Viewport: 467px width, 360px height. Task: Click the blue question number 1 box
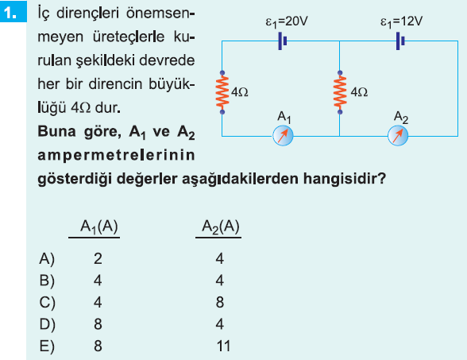pyautogui.click(x=13, y=11)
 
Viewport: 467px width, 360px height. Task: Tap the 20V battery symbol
pyautogui.click(x=282, y=41)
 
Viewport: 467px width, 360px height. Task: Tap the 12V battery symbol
pyautogui.click(x=400, y=41)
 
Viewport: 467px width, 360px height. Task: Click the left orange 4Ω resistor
pyautogui.click(x=222, y=92)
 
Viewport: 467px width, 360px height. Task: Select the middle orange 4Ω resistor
pyautogui.click(x=340, y=92)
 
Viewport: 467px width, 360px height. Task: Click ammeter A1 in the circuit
pyautogui.click(x=283, y=136)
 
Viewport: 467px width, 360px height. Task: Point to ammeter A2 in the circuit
pyautogui.click(x=398, y=136)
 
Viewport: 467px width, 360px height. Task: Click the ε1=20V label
pyautogui.click(x=287, y=22)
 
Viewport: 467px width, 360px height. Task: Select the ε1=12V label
pyautogui.click(x=401, y=22)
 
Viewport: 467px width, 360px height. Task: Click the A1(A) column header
pyautogui.click(x=98, y=226)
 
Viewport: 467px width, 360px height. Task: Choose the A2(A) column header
pyautogui.click(x=221, y=226)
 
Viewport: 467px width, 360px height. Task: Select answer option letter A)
pyautogui.click(x=47, y=259)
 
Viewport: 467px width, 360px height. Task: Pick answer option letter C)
pyautogui.click(x=47, y=303)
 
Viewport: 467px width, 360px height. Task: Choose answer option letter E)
pyautogui.click(x=47, y=346)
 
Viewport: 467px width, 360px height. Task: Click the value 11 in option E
pyautogui.click(x=223, y=346)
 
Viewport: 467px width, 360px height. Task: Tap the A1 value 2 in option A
pyautogui.click(x=98, y=259)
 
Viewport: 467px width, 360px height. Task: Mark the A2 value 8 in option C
pyautogui.click(x=220, y=303)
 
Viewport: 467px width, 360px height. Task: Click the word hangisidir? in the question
pyautogui.click(x=345, y=179)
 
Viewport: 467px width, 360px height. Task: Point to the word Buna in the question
pyautogui.click(x=56, y=131)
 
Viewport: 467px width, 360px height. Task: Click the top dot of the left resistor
pyautogui.click(x=222, y=73)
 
